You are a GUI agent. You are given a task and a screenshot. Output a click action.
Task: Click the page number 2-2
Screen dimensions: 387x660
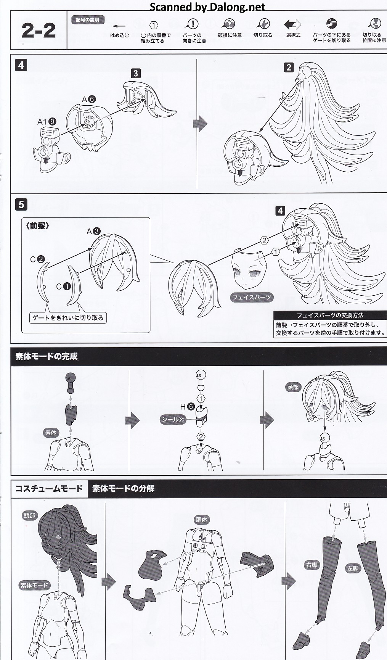click(39, 31)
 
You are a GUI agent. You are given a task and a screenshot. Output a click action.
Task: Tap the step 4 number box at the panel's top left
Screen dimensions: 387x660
click(21, 65)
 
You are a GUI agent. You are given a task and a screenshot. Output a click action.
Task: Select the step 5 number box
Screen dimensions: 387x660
click(21, 204)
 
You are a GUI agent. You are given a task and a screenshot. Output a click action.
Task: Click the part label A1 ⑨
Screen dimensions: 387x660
click(47, 122)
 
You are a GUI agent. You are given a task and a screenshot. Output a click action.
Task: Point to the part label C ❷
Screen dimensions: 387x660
click(37, 259)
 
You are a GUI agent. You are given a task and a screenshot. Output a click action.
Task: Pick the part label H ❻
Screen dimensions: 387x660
click(187, 407)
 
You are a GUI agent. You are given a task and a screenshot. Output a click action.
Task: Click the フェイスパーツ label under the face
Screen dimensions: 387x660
click(252, 297)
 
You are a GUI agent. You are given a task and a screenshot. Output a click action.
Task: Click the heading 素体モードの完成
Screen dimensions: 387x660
click(47, 357)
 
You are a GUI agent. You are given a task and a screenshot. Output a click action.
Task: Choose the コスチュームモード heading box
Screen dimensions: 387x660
click(49, 489)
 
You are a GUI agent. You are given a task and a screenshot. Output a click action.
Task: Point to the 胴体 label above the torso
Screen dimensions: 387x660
click(202, 520)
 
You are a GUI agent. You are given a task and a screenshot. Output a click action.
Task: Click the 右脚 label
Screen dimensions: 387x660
click(312, 565)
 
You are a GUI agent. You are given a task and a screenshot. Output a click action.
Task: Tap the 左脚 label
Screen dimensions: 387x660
click(353, 568)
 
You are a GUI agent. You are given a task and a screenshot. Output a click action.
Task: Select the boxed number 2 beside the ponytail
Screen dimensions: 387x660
click(289, 68)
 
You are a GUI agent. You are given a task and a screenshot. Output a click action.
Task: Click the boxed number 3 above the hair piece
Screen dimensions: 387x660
click(135, 73)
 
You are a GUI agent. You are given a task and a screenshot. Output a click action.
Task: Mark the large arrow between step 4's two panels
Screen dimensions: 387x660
click(200, 124)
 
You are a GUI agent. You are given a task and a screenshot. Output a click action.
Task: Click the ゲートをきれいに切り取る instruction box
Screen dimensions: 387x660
click(68, 317)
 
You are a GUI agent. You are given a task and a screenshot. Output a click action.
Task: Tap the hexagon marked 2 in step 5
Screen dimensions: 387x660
click(264, 240)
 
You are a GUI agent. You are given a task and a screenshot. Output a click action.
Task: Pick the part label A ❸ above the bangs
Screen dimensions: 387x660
click(93, 231)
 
